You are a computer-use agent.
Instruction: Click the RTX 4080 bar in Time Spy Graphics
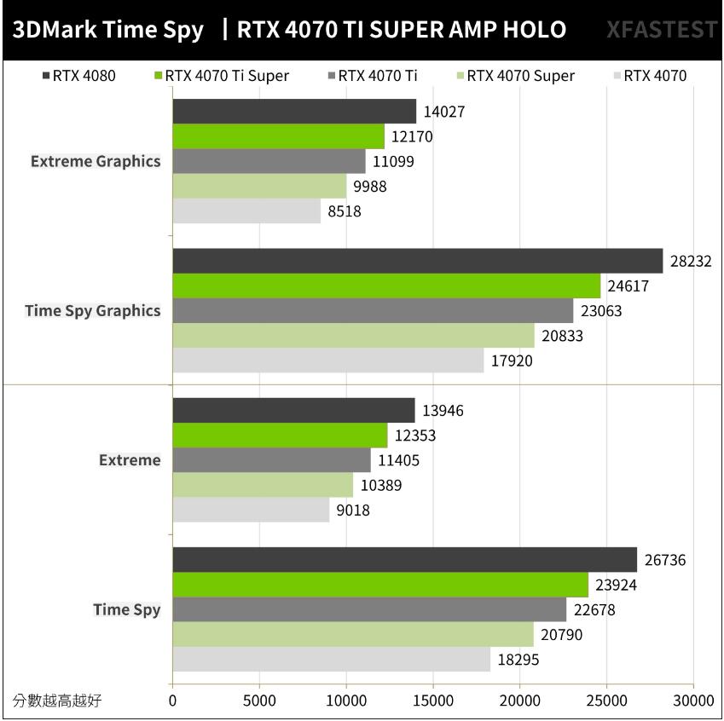[417, 261]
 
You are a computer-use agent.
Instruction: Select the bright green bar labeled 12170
[278, 136]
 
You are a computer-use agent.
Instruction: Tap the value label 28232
[691, 262]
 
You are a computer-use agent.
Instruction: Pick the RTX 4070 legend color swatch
[617, 76]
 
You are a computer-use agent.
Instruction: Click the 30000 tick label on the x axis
[692, 701]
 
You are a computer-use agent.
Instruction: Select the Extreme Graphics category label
[96, 161]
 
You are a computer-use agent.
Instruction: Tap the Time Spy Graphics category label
[93, 310]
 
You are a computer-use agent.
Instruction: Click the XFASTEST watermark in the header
[662, 31]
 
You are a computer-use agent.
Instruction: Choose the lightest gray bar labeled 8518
[246, 211]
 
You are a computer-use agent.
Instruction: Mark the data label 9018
[354, 510]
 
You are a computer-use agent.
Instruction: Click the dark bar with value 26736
[404, 560]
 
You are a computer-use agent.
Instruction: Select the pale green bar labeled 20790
[353, 634]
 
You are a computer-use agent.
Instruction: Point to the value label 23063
[601, 311]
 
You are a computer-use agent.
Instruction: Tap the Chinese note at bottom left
[57, 701]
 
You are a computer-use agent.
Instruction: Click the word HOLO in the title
[534, 31]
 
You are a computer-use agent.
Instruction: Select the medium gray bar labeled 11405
[271, 461]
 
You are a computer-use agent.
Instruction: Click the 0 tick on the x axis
[173, 701]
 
